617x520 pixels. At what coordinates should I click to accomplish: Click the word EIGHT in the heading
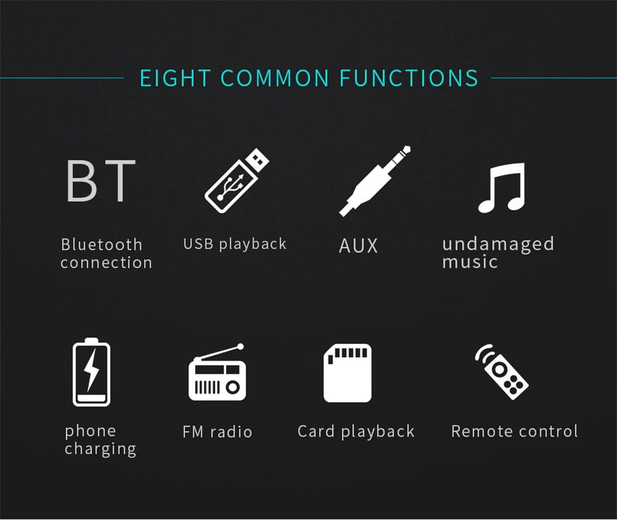175,78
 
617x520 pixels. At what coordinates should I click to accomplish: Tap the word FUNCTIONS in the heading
408,78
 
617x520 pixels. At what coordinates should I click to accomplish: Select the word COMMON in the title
275,78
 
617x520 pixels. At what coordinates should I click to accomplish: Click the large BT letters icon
101,181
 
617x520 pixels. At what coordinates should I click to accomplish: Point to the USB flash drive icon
237,181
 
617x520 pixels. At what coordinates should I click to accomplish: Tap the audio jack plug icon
375,181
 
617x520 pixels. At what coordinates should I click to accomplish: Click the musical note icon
502,188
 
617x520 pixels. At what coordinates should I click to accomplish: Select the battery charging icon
91,372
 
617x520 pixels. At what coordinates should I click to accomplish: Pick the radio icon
217,372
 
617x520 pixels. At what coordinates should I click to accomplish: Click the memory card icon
347,373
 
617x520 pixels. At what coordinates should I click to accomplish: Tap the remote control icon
501,372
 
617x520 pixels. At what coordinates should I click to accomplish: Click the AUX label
358,246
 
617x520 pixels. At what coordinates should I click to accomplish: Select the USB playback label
235,244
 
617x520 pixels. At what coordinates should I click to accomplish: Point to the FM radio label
217,432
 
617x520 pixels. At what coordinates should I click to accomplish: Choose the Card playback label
356,432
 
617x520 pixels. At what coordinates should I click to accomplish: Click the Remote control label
515,432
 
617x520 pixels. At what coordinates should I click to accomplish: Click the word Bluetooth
102,245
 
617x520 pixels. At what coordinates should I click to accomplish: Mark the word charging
101,449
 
